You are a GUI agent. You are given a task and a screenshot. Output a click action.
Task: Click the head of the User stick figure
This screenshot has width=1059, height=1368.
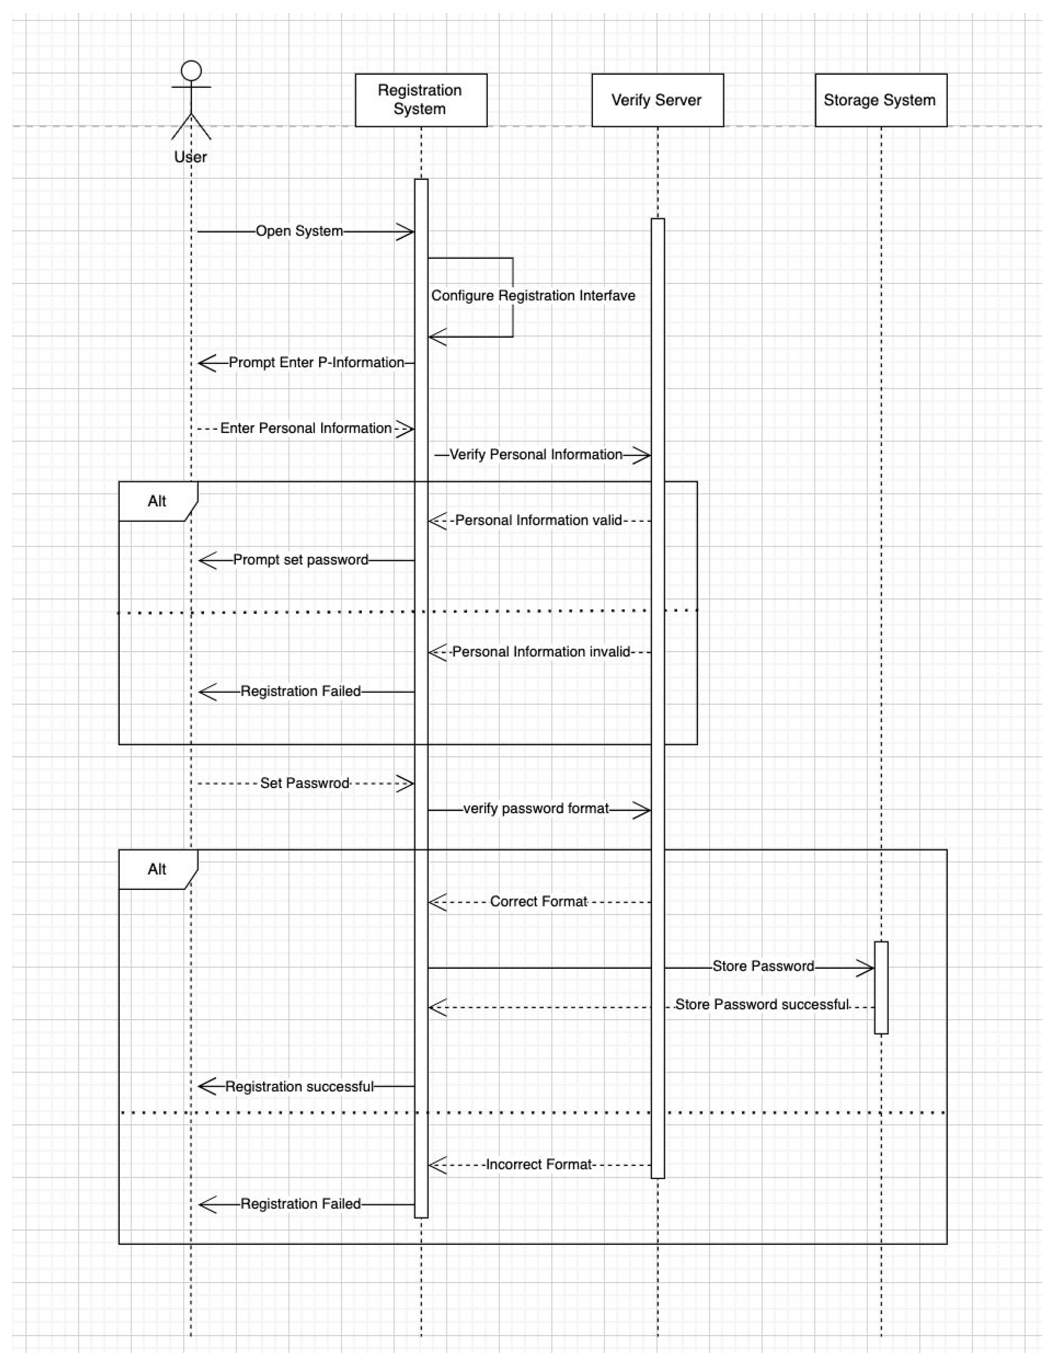pos(191,71)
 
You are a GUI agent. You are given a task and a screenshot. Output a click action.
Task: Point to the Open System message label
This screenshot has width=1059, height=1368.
pos(299,231)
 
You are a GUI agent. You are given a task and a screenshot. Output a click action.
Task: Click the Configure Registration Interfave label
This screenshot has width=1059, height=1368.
pos(533,296)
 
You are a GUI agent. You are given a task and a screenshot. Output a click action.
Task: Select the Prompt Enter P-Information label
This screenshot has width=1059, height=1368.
pos(316,363)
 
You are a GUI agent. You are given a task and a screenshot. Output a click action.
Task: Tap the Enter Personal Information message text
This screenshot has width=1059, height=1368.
pos(306,429)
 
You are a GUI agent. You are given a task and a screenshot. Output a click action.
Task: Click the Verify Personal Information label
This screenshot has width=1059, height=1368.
pos(536,455)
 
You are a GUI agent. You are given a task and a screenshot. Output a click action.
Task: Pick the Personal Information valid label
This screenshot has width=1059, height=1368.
pos(538,521)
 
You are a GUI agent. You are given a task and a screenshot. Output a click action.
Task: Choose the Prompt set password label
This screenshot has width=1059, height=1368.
pos(300,560)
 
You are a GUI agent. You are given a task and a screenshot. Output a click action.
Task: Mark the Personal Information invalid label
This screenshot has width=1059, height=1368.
pos(541,652)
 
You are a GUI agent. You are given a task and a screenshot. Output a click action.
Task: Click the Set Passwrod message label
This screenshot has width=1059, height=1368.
pos(305,784)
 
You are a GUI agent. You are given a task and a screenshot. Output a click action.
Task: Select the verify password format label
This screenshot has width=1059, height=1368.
pos(536,809)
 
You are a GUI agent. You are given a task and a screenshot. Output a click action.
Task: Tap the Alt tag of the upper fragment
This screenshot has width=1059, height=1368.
pos(157,501)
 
